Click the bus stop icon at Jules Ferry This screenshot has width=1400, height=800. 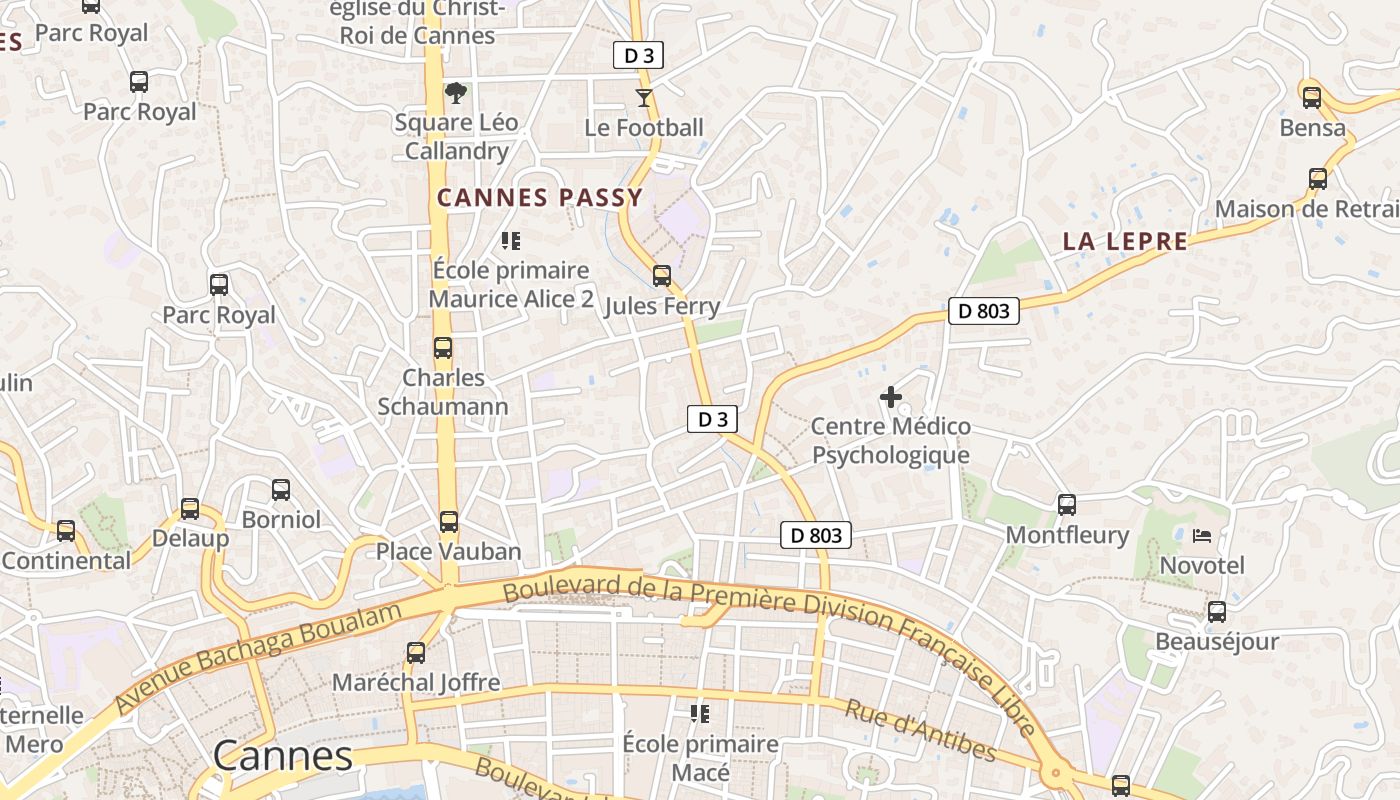661,276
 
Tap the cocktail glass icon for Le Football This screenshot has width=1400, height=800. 644,98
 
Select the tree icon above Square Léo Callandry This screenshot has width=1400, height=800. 456,93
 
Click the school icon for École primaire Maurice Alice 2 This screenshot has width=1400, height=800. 511,241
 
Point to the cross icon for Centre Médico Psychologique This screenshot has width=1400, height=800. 890,397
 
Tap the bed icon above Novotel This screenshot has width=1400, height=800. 1202,536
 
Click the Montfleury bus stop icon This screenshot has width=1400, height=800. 1067,505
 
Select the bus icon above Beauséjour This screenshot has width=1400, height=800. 1217,612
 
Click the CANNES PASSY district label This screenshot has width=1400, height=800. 540,198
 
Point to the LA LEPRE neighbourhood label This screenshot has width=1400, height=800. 1125,241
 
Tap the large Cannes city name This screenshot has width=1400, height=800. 283,756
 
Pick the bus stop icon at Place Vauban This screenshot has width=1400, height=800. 449,522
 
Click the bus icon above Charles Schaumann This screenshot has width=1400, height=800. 442,348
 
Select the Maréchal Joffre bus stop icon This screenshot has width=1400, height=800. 416,653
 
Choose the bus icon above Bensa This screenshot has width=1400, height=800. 1312,98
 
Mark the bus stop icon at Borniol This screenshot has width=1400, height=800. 281,490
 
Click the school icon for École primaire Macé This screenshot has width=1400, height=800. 700,714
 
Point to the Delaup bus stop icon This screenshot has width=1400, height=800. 190,509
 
